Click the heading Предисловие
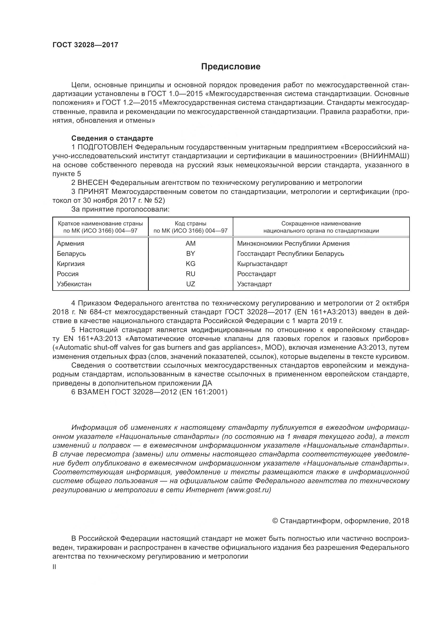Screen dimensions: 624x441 click(x=231, y=67)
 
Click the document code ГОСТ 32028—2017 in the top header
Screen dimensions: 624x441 click(x=85, y=45)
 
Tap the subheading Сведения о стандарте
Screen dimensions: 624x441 click(x=112, y=138)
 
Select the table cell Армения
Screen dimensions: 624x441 click(x=71, y=244)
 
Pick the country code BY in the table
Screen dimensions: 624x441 click(x=190, y=253)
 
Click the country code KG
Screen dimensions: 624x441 click(x=190, y=264)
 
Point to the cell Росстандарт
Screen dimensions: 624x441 click(x=256, y=274)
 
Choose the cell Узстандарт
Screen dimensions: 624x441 click(x=254, y=284)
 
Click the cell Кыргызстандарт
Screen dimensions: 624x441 click(x=262, y=264)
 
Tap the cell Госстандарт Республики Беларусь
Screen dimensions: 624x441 click(x=291, y=253)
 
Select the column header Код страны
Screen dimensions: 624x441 click(x=190, y=224)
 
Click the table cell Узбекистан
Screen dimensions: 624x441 click(x=74, y=284)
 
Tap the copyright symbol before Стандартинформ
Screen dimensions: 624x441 click(x=275, y=521)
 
